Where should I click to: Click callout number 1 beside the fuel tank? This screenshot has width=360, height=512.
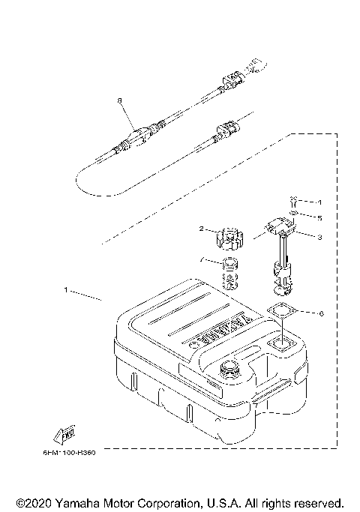point(66,289)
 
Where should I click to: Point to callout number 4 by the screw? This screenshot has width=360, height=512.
point(319,202)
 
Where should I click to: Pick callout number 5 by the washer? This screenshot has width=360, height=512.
point(319,218)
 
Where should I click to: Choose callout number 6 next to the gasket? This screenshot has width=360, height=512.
point(321,313)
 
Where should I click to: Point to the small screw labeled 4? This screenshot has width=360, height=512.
point(294,202)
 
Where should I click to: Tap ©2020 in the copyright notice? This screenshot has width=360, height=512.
point(31,502)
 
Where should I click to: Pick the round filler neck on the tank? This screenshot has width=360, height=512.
point(229,370)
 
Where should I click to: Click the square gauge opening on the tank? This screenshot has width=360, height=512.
point(283,344)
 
